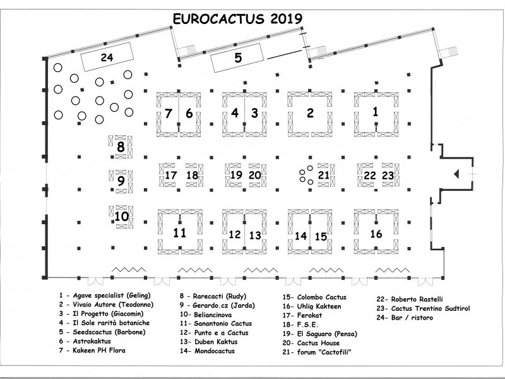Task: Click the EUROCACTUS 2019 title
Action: pyautogui.click(x=238, y=19)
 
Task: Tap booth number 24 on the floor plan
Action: pyautogui.click(x=107, y=57)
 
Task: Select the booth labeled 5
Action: pyautogui.click(x=237, y=58)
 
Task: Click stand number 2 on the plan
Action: pyautogui.click(x=310, y=114)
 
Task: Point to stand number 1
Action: pyautogui.click(x=376, y=112)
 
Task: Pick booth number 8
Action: pyautogui.click(x=121, y=147)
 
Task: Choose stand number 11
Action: pyautogui.click(x=180, y=232)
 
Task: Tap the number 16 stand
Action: pyautogui.click(x=376, y=234)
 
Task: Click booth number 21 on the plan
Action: pyautogui.click(x=324, y=175)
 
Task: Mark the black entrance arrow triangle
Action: pyautogui.click(x=456, y=174)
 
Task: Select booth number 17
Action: pyautogui.click(x=170, y=176)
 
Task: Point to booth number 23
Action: pyautogui.click(x=388, y=176)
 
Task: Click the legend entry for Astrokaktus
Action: pyautogui.click(x=85, y=341)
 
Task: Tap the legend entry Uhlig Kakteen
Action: pyautogui.click(x=312, y=306)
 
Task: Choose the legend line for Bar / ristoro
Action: pyautogui.click(x=405, y=318)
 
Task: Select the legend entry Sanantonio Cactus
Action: pyautogui.click(x=216, y=323)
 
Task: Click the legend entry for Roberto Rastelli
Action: pyautogui.click(x=410, y=299)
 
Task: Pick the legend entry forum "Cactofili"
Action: pyautogui.click(x=317, y=352)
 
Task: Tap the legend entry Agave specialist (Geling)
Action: pyautogui.click(x=105, y=295)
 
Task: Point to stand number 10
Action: pyautogui.click(x=121, y=217)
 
